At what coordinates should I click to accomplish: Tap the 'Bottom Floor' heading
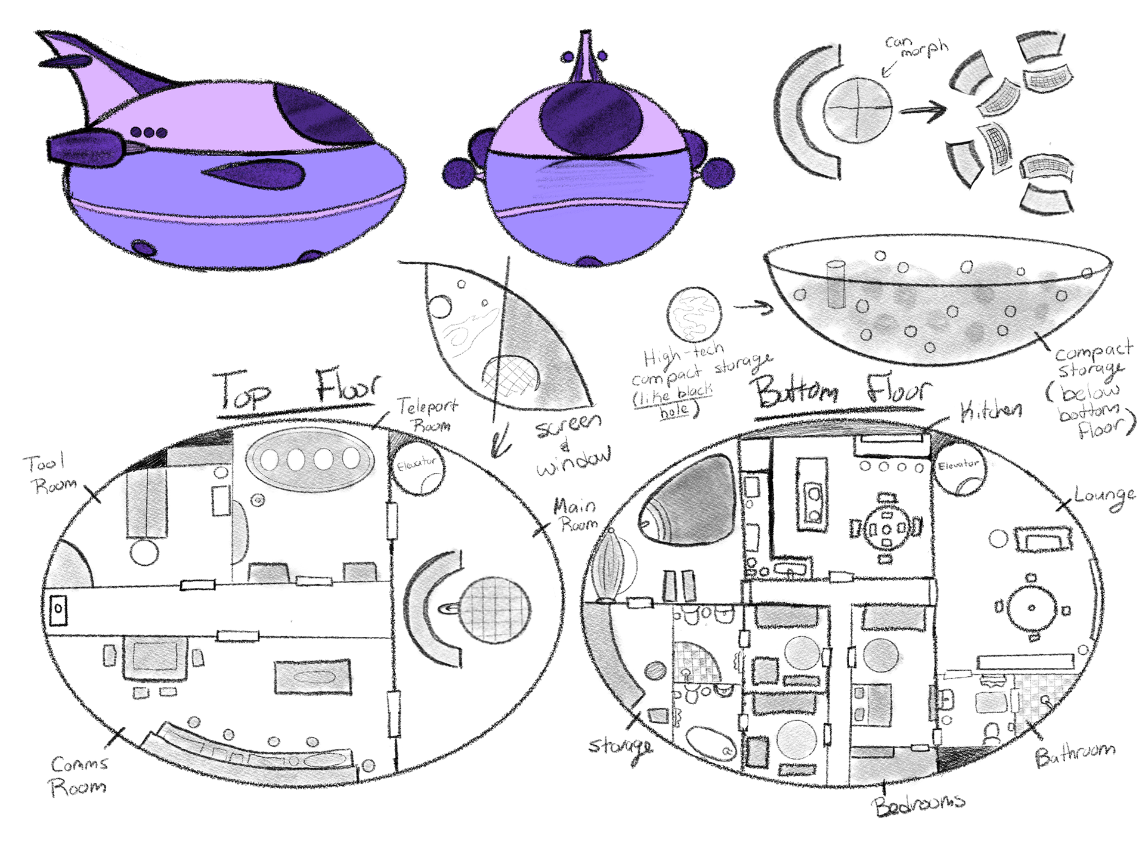point(841,392)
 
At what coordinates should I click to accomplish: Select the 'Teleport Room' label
point(428,416)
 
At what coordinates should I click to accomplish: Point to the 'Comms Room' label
point(79,776)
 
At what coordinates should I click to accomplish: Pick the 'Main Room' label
point(575,515)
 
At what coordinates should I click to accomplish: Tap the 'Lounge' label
point(1104,497)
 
